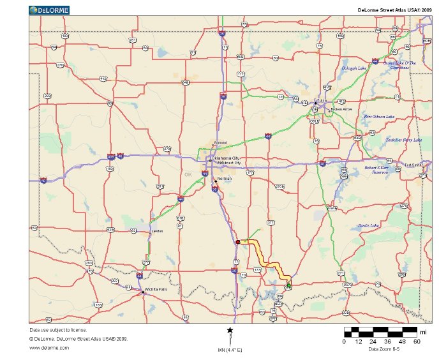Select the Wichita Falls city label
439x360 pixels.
point(156,290)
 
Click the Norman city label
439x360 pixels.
point(225,179)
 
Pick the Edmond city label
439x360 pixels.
point(220,143)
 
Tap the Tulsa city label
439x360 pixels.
point(320,101)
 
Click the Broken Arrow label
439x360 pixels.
point(341,109)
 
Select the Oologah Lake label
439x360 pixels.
point(353,68)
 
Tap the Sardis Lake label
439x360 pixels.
point(369,225)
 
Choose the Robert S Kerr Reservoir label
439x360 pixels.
point(376,170)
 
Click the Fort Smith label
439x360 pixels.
point(413,165)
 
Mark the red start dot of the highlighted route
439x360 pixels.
point(238,243)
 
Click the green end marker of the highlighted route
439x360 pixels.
point(288,285)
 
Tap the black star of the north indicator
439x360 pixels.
point(230,330)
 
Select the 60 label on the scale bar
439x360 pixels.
point(417,341)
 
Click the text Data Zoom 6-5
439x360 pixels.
point(383,349)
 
